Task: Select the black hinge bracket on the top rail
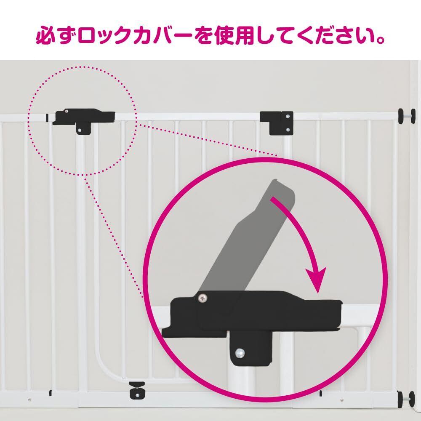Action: tap(276, 123)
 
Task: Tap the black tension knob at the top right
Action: tap(405, 115)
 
